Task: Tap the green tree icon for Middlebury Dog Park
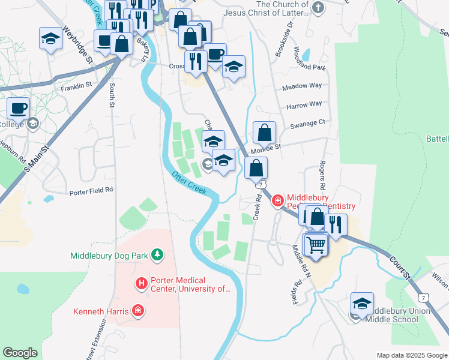tap(157, 255)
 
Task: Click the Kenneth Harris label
tap(100, 311)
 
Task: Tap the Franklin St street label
tap(76, 86)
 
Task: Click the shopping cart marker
tap(316, 244)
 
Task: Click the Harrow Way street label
tap(304, 104)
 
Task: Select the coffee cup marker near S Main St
tap(19, 108)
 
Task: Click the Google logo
tap(20, 352)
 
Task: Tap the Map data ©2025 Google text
tap(411, 355)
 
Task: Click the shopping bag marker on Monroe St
tap(264, 133)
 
